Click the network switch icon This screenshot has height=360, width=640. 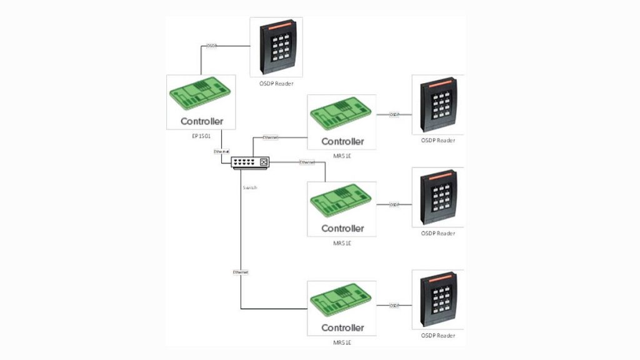249,162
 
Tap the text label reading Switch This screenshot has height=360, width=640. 249,187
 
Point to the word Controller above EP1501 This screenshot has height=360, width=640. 201,121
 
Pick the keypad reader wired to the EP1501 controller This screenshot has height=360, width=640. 276,47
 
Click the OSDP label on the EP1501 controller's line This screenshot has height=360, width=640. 212,46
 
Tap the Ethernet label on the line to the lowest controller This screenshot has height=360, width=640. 241,272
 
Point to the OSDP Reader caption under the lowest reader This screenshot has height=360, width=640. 437,336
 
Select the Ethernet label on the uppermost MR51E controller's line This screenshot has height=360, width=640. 271,137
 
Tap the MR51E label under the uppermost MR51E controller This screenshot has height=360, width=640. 342,156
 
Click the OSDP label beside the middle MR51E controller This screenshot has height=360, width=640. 394,204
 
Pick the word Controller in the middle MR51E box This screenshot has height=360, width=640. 342,228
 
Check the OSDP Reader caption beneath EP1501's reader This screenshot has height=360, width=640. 276,83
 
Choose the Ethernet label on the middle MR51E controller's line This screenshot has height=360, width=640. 307,162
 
